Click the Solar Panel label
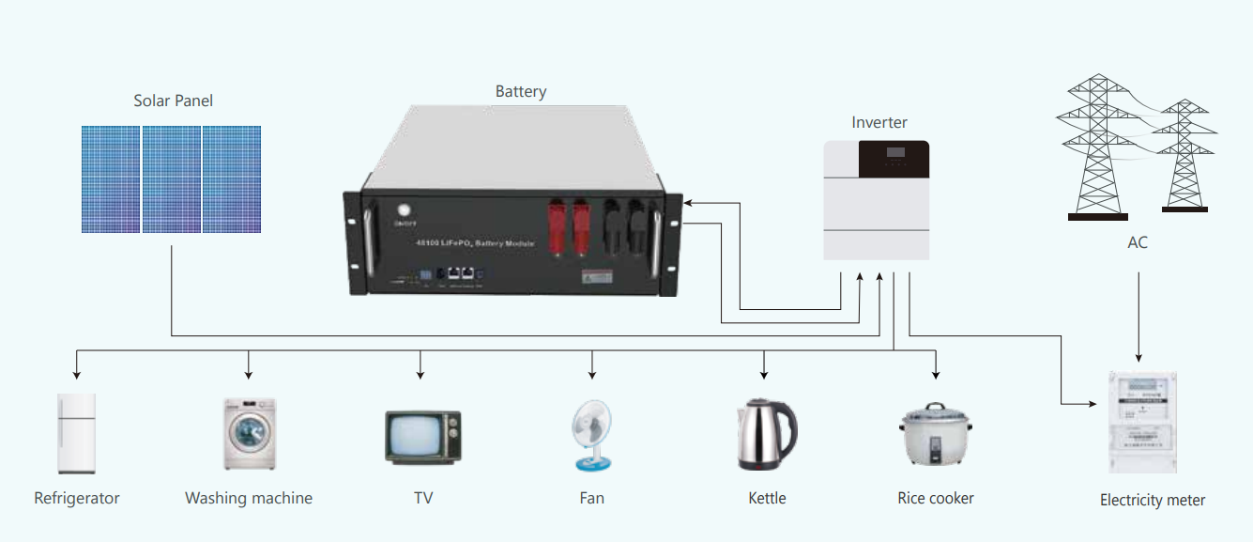(x=174, y=101)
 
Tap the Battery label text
(x=521, y=91)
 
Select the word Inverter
(x=879, y=122)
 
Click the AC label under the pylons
(x=1138, y=242)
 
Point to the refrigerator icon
(x=76, y=433)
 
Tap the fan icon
(x=592, y=435)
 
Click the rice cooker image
(x=934, y=435)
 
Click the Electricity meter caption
(x=1153, y=501)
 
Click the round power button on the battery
(x=405, y=211)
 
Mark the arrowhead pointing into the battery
(x=689, y=201)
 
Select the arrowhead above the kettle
(x=764, y=373)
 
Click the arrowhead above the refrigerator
(x=76, y=373)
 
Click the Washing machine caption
(x=249, y=498)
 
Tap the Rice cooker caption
(x=936, y=498)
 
